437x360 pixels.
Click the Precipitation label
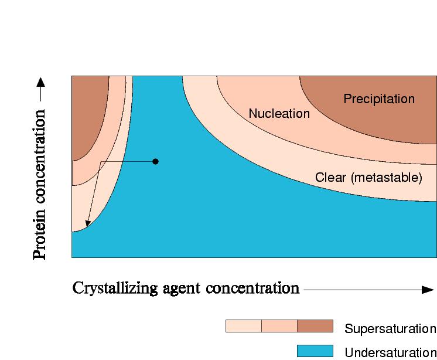[x=378, y=99]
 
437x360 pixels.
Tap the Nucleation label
[x=279, y=114]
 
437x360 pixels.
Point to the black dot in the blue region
[x=155, y=161]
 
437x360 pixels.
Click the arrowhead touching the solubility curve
[x=87, y=223]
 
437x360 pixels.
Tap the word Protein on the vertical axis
[x=40, y=240]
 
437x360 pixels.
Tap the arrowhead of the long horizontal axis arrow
[x=428, y=289]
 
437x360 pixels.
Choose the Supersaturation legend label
[x=390, y=328]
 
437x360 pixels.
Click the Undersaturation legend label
[x=390, y=352]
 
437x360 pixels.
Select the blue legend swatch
[x=315, y=351]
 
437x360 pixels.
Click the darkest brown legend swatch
[x=315, y=327]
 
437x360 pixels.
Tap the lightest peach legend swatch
[x=243, y=327]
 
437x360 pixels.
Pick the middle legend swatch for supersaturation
[x=279, y=327]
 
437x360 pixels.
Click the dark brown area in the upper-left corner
[x=89, y=114]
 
